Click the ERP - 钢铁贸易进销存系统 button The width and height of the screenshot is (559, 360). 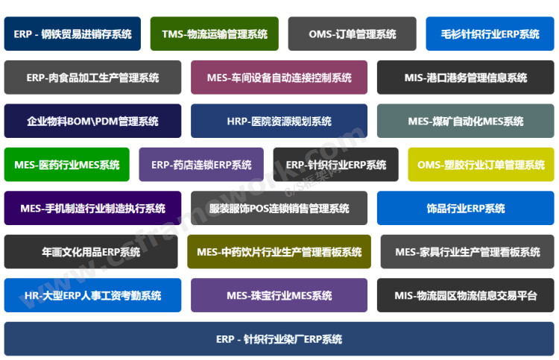[x=72, y=34]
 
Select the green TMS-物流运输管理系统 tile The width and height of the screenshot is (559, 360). [x=214, y=34]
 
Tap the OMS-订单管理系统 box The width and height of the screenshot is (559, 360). [x=353, y=34]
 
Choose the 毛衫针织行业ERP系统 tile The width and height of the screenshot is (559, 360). [x=490, y=34]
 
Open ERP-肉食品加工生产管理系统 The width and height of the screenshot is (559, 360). [x=92, y=78]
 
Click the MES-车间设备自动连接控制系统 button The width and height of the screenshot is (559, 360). [x=279, y=78]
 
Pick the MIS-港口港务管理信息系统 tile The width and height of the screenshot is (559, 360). [x=465, y=78]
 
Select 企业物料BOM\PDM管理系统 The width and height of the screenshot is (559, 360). [x=92, y=121]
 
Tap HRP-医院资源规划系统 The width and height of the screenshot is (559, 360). [x=279, y=121]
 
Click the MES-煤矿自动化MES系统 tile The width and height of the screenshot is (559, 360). [x=465, y=121]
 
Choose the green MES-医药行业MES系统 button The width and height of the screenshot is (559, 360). [x=66, y=165]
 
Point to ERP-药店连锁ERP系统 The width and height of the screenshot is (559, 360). [x=201, y=165]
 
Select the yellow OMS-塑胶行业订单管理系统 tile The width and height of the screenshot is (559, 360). [x=481, y=165]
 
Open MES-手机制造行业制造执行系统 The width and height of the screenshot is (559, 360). [x=92, y=208]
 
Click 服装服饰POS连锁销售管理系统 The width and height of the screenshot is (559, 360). [x=279, y=208]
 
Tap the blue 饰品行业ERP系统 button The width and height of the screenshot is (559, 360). [x=465, y=208]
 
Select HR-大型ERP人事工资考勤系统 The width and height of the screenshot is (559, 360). [x=92, y=295]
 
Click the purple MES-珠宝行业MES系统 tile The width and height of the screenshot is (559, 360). [x=279, y=295]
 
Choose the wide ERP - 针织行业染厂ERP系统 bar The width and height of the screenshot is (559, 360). [x=279, y=339]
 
